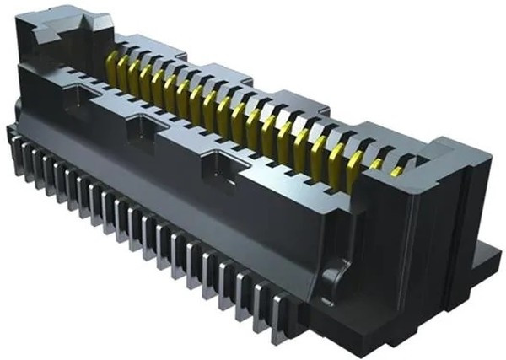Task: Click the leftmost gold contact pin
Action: (112, 62)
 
